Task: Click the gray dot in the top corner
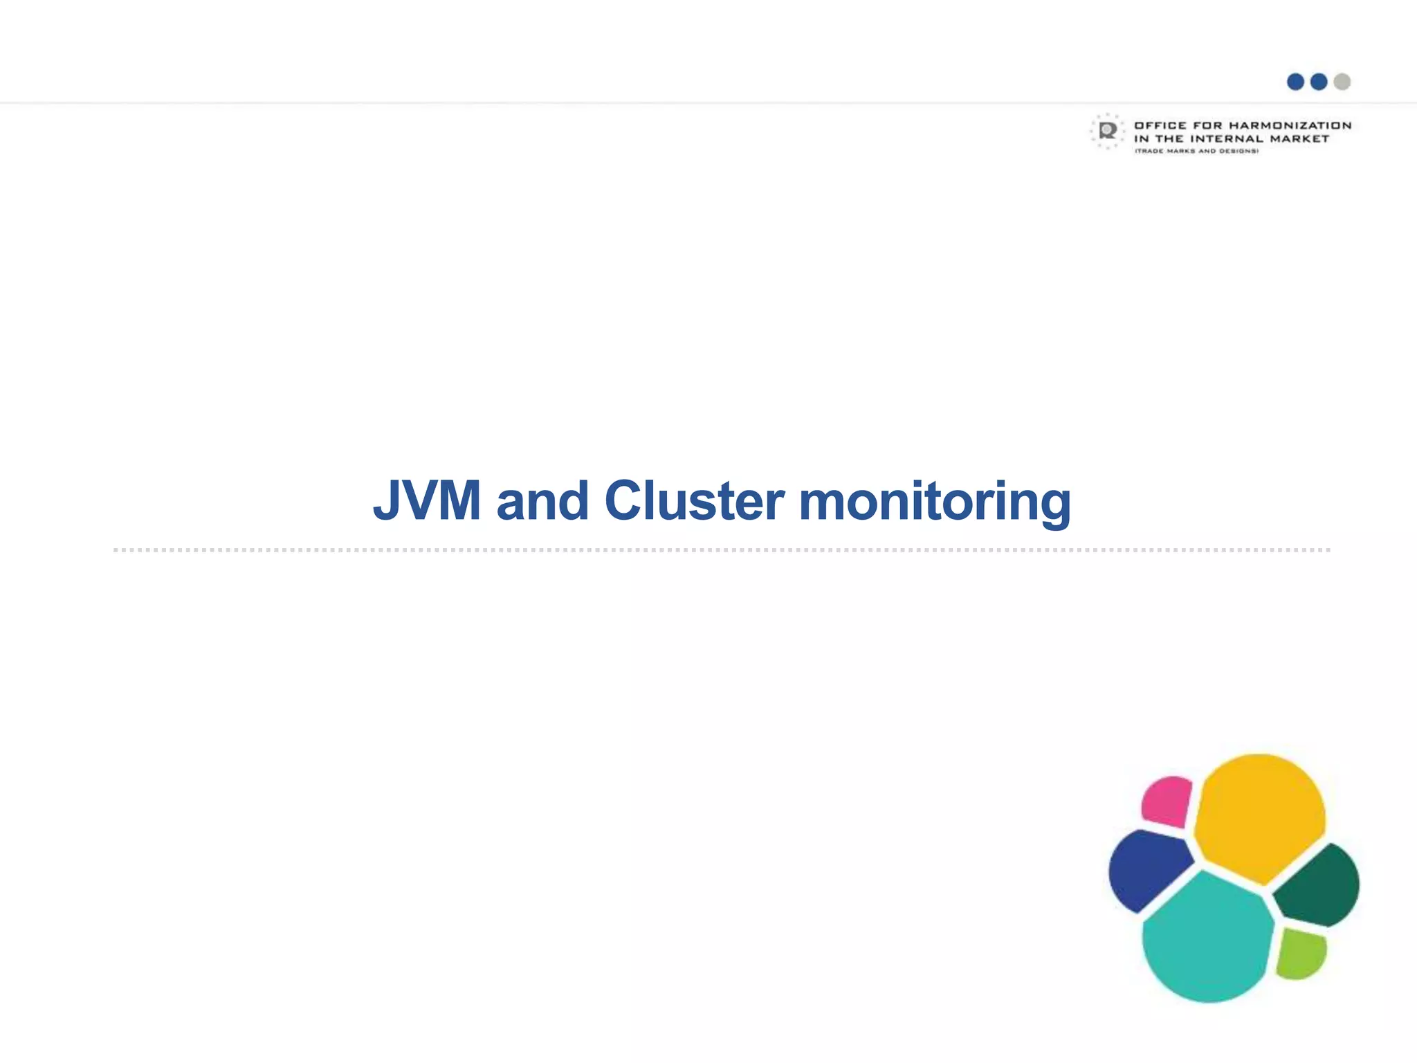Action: click(x=1342, y=82)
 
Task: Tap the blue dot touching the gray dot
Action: click(x=1319, y=82)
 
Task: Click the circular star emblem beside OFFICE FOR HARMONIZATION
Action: click(x=1108, y=131)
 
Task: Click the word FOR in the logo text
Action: click(x=1207, y=125)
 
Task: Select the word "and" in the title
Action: click(x=542, y=500)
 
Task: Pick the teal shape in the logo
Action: click(x=1207, y=938)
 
